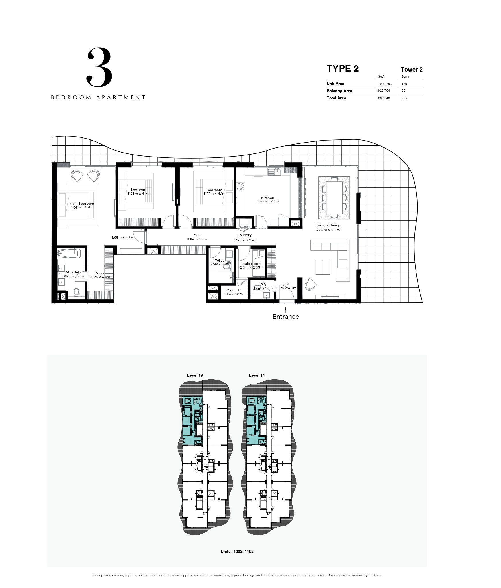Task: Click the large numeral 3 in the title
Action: click(x=99, y=67)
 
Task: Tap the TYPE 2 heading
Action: click(x=343, y=69)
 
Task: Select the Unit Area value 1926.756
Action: click(x=385, y=84)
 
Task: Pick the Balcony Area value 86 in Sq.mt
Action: click(x=404, y=91)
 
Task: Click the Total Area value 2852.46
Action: click(x=384, y=98)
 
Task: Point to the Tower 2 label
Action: click(x=412, y=70)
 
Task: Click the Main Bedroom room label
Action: click(x=82, y=204)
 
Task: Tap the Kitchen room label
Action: click(x=267, y=198)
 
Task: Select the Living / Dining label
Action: click(x=328, y=225)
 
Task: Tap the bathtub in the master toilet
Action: click(x=69, y=253)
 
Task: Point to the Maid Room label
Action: click(x=251, y=264)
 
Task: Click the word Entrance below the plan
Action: click(x=285, y=317)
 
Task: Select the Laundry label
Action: click(x=244, y=235)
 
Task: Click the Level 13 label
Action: click(x=195, y=375)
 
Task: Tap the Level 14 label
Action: click(x=257, y=375)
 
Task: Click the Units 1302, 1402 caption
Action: click(x=237, y=551)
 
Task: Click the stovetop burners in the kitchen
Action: click(x=241, y=187)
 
